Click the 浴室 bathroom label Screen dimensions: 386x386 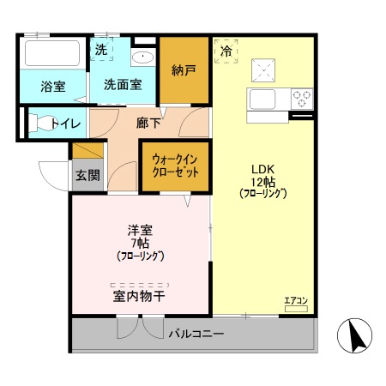click(53, 86)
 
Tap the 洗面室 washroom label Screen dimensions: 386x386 click(123, 86)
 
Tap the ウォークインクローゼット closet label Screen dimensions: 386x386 click(175, 165)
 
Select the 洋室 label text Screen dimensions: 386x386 click(140, 230)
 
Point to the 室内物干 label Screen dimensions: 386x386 click(139, 296)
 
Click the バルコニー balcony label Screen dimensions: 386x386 click(197, 333)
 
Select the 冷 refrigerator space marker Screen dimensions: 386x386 click(226, 51)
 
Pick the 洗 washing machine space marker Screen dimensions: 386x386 click(101, 50)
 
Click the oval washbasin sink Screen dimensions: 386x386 click(142, 58)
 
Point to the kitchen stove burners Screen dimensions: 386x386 click(301, 97)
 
